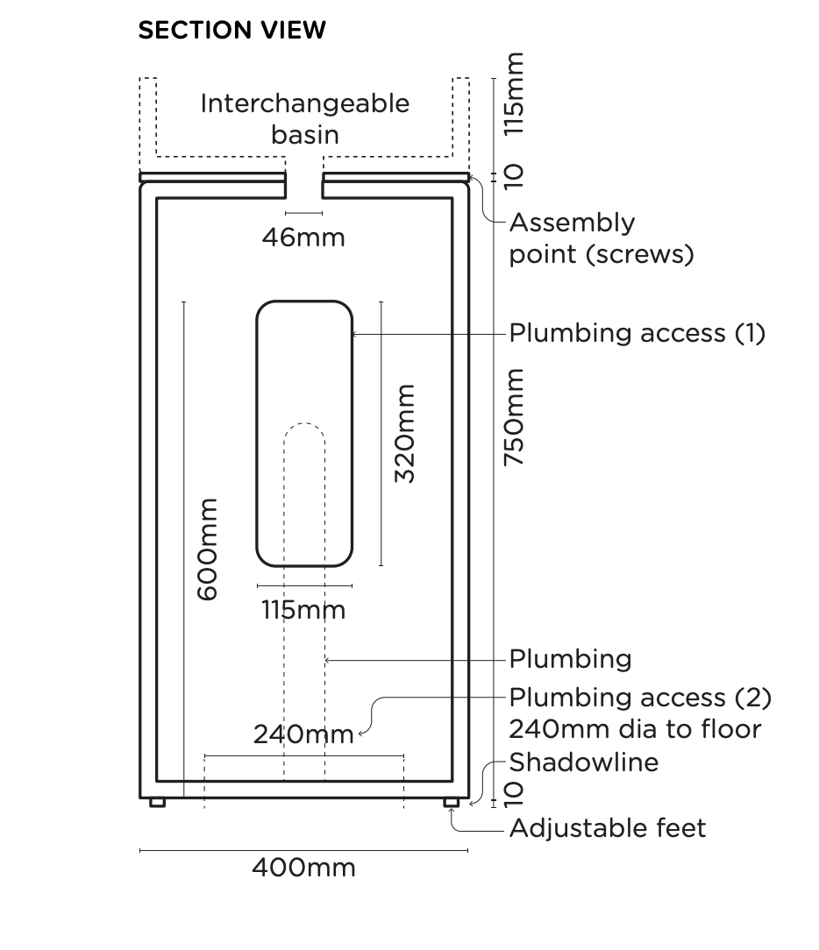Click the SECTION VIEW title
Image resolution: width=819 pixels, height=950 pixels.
pos(231,31)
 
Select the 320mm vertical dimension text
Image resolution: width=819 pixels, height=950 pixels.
pos(404,433)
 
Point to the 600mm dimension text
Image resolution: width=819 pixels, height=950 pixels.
pos(207,549)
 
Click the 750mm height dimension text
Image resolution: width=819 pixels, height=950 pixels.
pos(515,416)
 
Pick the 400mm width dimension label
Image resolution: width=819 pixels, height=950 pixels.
pos(303,868)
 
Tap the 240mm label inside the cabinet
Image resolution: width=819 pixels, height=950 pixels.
pos(303,734)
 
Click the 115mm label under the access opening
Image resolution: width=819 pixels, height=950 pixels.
pos(303,609)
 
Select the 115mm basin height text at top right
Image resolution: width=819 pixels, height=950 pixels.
pos(515,94)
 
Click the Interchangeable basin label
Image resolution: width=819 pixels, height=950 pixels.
pos(304,118)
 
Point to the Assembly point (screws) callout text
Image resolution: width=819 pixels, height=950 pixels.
pos(602,238)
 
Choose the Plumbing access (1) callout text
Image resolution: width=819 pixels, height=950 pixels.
pos(637,333)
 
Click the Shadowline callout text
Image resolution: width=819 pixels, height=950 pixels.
pos(583,762)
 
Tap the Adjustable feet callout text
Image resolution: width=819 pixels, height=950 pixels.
pos(607,828)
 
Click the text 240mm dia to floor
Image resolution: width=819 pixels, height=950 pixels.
pos(635,729)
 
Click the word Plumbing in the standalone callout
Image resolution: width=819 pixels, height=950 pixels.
pos(570,659)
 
